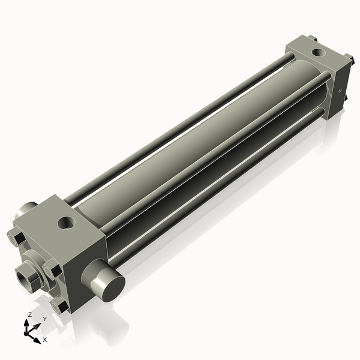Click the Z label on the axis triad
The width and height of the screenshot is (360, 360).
click(31, 314)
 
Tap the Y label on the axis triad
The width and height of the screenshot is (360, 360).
click(44, 318)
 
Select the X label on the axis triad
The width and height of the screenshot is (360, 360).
click(44, 340)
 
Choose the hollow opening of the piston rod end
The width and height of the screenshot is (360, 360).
click(25, 277)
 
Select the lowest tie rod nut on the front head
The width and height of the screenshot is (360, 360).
click(59, 306)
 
